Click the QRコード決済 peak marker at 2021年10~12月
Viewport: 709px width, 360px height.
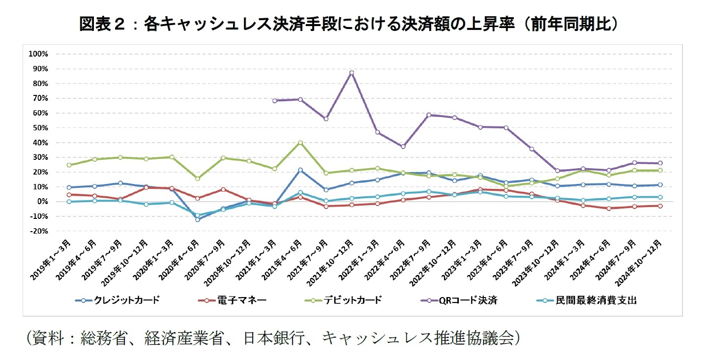351,73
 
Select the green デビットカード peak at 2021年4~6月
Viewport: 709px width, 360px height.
300,143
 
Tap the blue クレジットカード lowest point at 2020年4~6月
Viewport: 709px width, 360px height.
198,219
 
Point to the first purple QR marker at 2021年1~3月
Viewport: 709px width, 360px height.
274,101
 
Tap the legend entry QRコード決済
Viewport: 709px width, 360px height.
468,300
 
